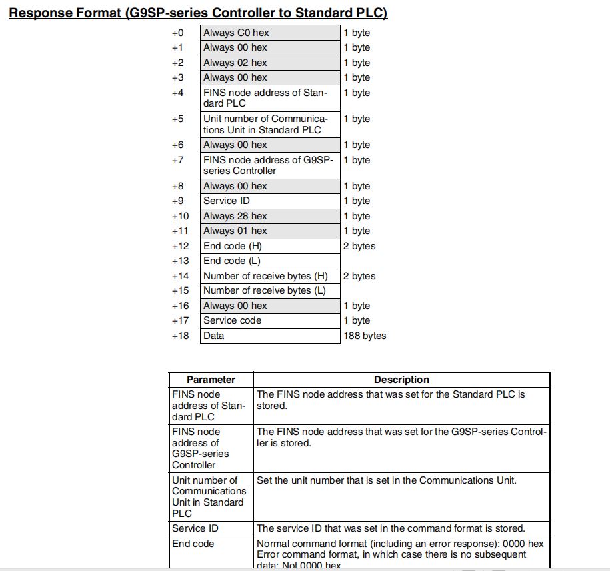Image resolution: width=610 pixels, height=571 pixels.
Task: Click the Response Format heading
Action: point(198,13)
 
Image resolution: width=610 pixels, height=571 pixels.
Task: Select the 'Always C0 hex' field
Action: point(269,33)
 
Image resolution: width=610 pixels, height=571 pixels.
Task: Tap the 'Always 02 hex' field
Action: point(269,63)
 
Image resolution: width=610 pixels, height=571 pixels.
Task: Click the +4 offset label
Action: point(177,93)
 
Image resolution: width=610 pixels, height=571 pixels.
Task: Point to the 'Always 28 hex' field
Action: point(269,216)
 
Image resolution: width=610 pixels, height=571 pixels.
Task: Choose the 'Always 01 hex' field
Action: point(269,231)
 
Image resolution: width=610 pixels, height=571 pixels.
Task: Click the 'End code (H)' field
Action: point(269,246)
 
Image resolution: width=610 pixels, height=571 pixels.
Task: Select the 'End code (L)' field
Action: point(269,261)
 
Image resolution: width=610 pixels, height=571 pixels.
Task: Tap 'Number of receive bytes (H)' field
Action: point(269,276)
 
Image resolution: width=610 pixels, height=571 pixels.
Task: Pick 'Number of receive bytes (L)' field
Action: point(269,290)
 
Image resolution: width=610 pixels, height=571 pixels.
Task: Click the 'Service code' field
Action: point(269,320)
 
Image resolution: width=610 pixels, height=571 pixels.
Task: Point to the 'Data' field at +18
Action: point(269,336)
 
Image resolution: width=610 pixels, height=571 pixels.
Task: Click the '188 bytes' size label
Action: point(365,336)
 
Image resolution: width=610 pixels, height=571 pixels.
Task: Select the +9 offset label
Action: point(177,201)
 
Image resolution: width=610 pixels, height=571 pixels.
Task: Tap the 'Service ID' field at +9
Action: point(269,201)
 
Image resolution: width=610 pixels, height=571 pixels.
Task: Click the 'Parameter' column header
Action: point(211,380)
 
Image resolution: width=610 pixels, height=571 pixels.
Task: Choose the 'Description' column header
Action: point(401,380)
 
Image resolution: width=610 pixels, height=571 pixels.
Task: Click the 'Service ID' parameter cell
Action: point(211,528)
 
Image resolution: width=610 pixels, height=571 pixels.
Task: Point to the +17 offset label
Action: point(180,320)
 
